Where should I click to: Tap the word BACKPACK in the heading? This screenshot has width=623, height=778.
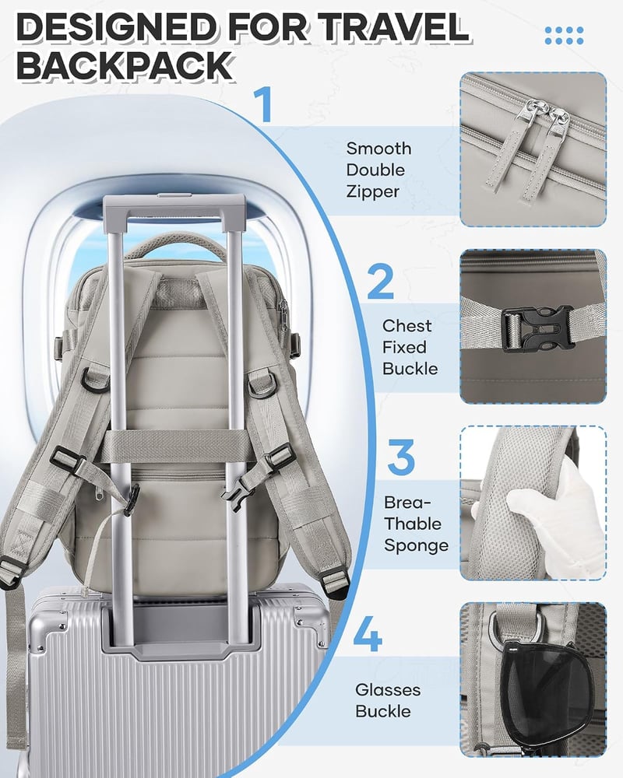125,65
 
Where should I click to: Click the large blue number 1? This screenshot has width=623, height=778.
263,104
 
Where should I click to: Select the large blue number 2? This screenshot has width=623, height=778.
381,281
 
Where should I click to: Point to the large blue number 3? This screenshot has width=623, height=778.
401,457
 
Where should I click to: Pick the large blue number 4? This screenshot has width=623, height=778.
368,633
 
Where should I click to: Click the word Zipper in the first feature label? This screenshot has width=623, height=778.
372,192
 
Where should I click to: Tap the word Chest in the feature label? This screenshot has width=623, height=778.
407,326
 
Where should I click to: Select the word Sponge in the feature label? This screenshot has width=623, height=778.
417,546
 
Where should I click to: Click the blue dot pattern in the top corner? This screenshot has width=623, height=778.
564,36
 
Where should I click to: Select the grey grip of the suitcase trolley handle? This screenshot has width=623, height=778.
174,205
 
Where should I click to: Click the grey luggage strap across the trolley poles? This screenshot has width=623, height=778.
174,446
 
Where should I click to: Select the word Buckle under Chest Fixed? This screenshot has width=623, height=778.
410,369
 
